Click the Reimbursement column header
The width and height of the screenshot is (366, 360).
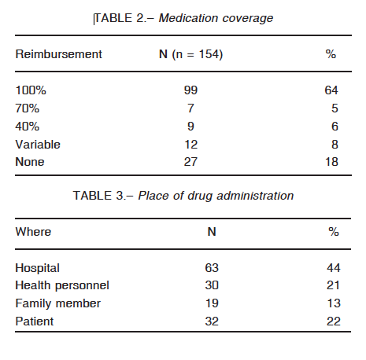[x=58, y=54]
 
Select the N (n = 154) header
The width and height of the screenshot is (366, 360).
[x=190, y=54]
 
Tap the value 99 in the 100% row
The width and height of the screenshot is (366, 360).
[x=190, y=90]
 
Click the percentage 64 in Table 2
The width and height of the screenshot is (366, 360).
[x=331, y=90]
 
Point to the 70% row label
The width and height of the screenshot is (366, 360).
[x=28, y=108]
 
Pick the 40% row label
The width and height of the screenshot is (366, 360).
[x=28, y=127]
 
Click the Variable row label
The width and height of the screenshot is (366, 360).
[x=38, y=145]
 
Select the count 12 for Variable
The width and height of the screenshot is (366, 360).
[x=190, y=145]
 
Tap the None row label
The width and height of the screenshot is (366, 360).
[x=30, y=162]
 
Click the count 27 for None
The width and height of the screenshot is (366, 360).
[x=190, y=162]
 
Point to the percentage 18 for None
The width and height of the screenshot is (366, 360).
[x=331, y=162]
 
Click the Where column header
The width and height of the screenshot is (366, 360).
[x=33, y=232]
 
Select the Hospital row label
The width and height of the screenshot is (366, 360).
[x=37, y=268]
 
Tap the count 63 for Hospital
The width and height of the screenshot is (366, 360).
[x=212, y=268]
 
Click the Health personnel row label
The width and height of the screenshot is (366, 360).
[x=62, y=286]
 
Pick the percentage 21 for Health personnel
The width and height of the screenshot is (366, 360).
[x=333, y=285]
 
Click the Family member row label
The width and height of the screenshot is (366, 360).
[x=57, y=304]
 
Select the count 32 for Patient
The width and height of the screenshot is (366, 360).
[x=212, y=321]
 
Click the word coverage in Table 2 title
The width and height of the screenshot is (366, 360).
[x=247, y=19]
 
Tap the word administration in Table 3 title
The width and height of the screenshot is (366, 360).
[x=255, y=196]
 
